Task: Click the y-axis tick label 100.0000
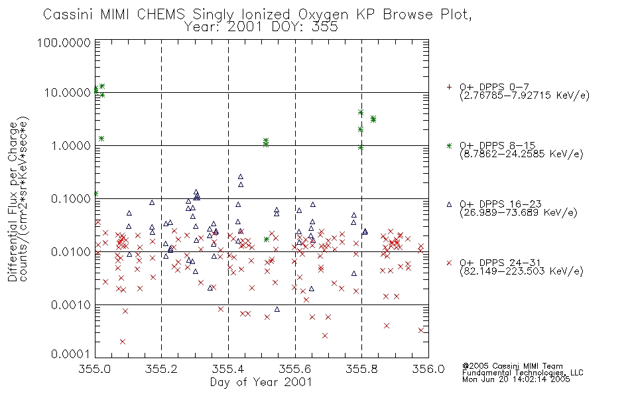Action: (64, 42)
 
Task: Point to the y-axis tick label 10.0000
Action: (67, 93)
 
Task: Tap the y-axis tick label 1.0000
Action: (70, 145)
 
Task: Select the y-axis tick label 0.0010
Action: (70, 305)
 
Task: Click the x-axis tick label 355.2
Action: (161, 369)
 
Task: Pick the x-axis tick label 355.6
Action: (295, 369)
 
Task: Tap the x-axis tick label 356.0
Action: (428, 369)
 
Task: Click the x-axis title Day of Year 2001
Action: (261, 382)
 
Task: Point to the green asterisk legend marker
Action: (449, 145)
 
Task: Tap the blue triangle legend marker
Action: (449, 204)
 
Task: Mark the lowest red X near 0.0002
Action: (123, 342)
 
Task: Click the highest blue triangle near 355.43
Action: (240, 176)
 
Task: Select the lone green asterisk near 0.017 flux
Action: (267, 239)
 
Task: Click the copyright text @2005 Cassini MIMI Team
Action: (512, 366)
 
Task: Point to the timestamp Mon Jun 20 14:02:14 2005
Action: (516, 379)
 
